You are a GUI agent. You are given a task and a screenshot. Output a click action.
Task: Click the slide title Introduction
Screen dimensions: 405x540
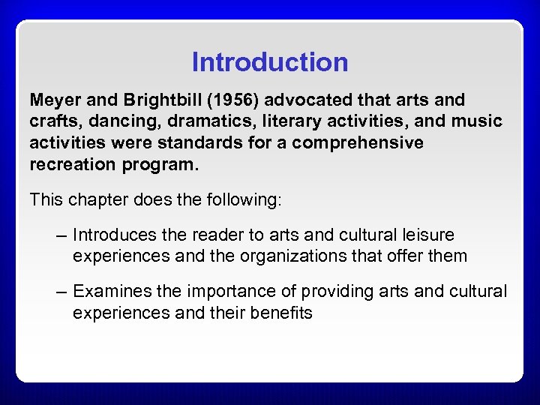click(270, 62)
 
